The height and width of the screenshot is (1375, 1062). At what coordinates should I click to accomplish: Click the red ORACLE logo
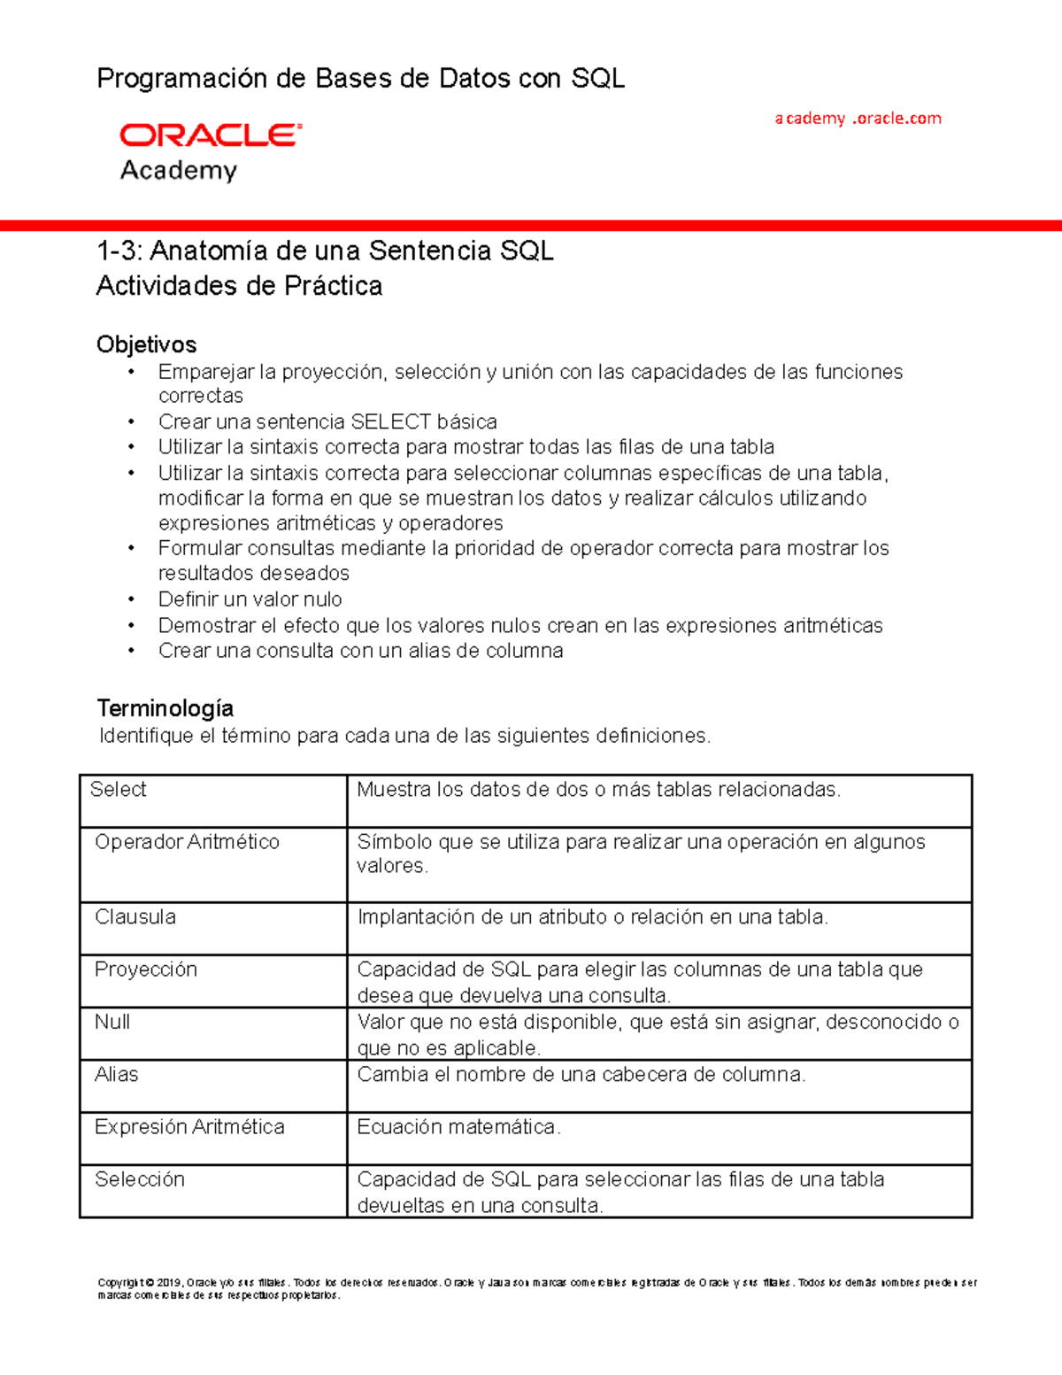pyautogui.click(x=211, y=135)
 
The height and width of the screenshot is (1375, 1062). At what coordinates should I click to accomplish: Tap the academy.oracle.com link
pyautogui.click(x=858, y=119)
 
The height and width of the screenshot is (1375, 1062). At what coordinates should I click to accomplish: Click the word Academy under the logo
pyautogui.click(x=179, y=170)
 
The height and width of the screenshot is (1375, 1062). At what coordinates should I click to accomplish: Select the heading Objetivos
pyautogui.click(x=146, y=344)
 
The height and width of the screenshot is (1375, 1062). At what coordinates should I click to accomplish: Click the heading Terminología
pyautogui.click(x=165, y=708)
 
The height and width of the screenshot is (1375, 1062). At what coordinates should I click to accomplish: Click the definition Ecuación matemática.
pyautogui.click(x=458, y=1127)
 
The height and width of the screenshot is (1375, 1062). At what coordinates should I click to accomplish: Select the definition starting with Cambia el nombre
pyautogui.click(x=581, y=1075)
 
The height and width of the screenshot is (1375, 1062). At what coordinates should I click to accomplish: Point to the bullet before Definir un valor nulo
pyautogui.click(x=131, y=599)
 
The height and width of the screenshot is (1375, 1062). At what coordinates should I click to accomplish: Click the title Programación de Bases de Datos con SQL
pyautogui.click(x=360, y=79)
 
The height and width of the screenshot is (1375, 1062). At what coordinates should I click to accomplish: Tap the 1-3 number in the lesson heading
pyautogui.click(x=119, y=251)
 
